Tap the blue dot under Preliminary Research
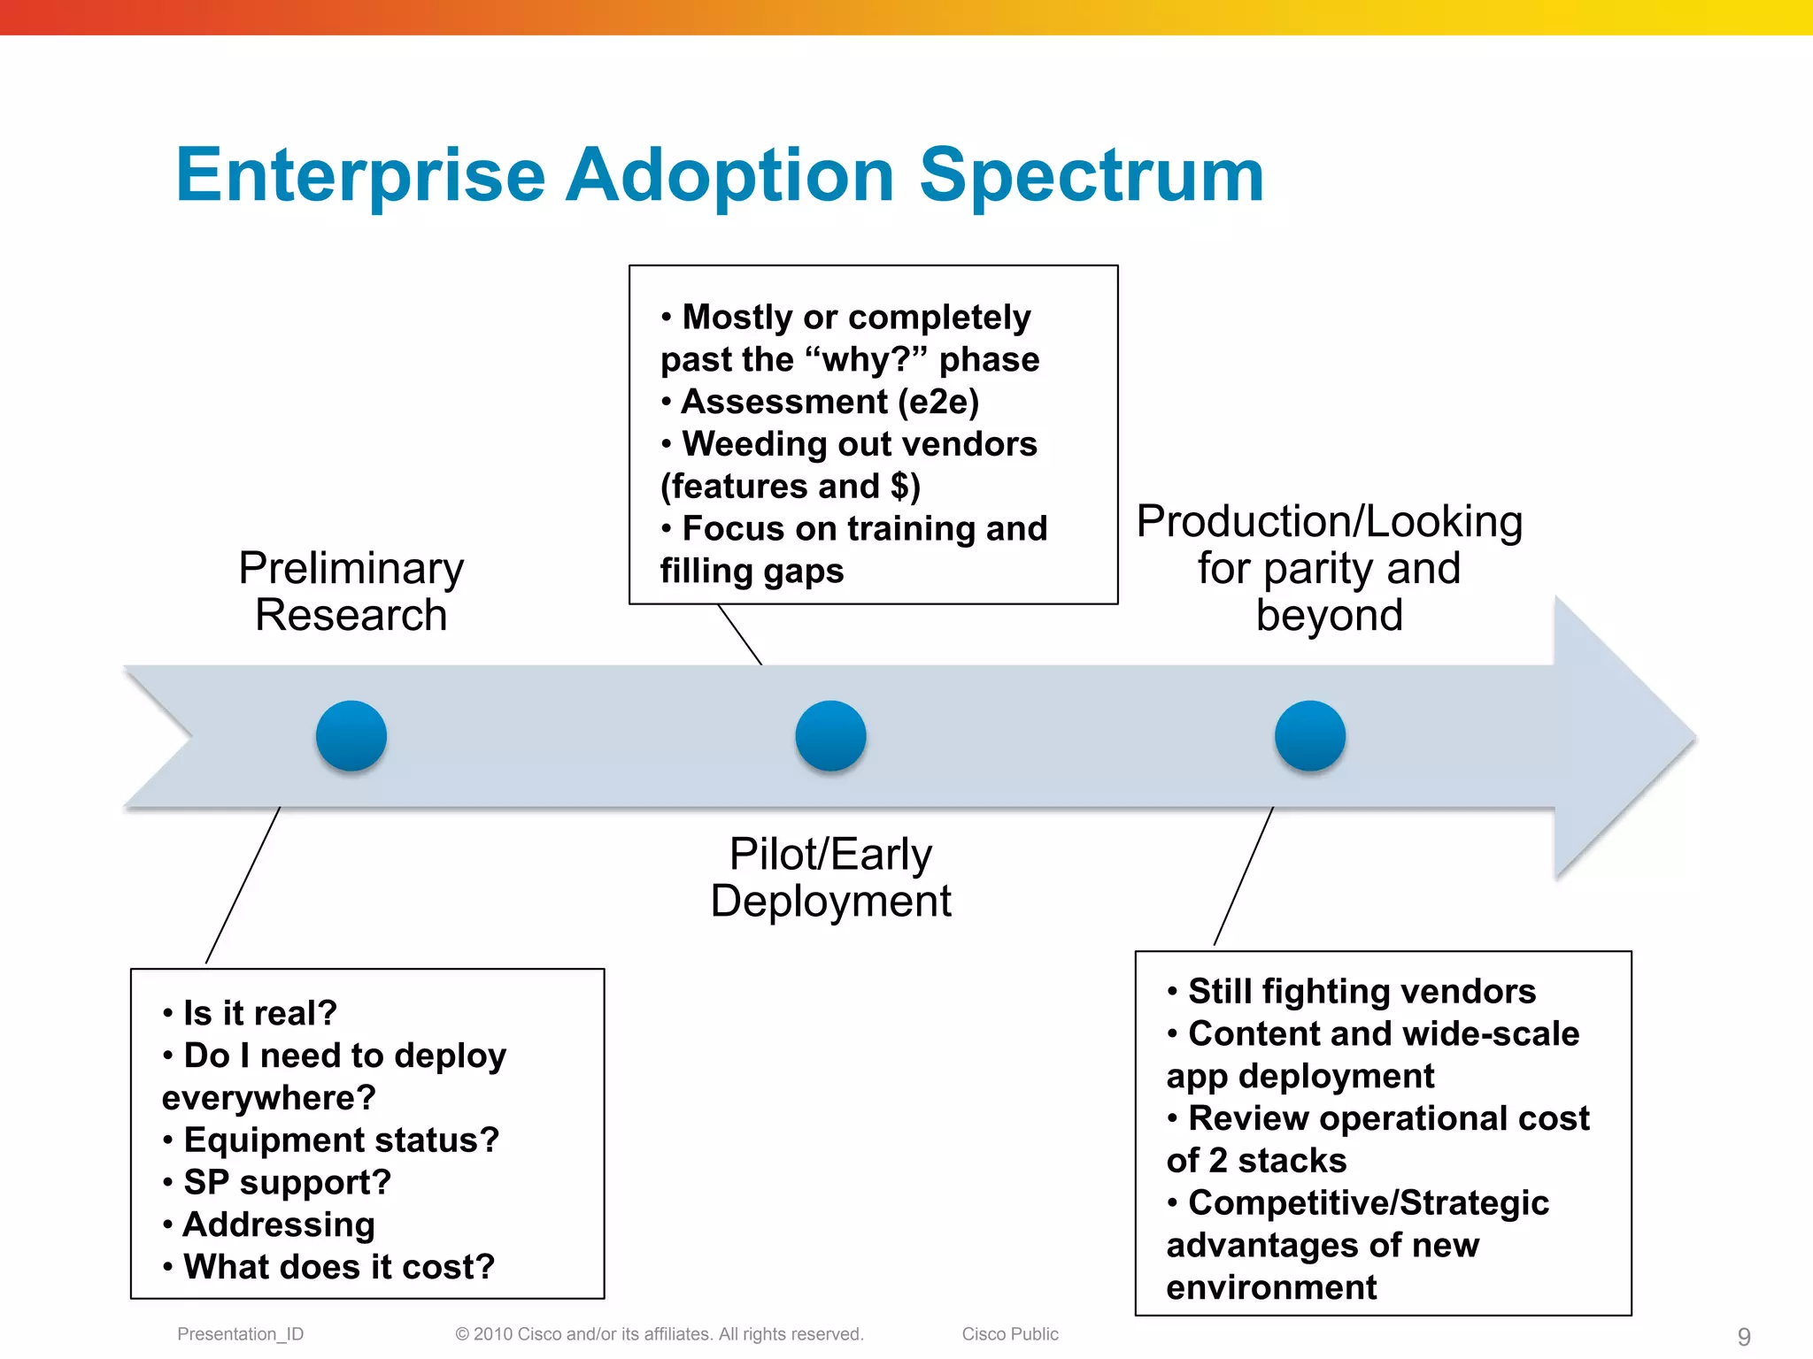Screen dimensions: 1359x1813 tap(351, 736)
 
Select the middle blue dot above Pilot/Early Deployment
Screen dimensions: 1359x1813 tap(830, 736)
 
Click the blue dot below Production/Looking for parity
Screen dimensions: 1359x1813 tap(1310, 736)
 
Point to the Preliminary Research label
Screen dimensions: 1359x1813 tap(351, 591)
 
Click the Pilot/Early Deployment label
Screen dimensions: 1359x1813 tap(830, 878)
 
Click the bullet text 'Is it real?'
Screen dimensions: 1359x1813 tap(259, 1013)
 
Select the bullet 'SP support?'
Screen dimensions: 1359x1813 tap(287, 1182)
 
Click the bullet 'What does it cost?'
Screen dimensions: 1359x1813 tap(338, 1267)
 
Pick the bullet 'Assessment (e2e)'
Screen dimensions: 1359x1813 tap(829, 402)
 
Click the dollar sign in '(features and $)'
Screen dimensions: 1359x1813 tap(899, 487)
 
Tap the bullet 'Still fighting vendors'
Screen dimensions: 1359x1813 tap(1361, 992)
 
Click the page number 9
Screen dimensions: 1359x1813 tap(1744, 1336)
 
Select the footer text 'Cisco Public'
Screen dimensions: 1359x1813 tap(1010, 1334)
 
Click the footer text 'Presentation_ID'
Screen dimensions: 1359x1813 tap(240, 1334)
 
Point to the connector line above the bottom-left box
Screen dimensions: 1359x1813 tap(243, 885)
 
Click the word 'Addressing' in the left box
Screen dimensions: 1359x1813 tap(279, 1225)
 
